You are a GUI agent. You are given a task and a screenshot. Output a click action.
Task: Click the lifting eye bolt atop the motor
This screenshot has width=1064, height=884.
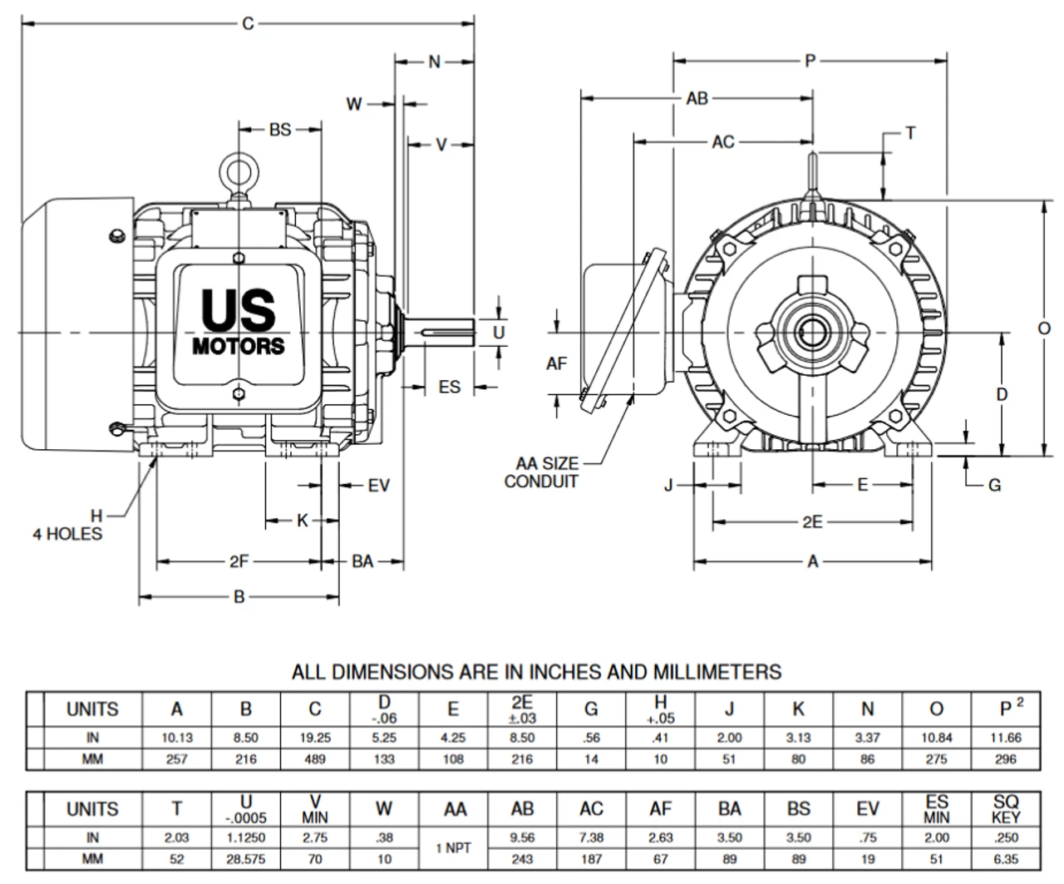[x=239, y=173]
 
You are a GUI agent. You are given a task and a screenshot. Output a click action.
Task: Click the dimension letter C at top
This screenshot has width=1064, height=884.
[x=248, y=24]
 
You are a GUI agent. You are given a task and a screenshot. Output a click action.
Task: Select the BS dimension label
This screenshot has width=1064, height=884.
[x=280, y=130]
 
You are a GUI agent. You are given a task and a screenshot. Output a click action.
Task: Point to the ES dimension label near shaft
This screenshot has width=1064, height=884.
[x=449, y=388]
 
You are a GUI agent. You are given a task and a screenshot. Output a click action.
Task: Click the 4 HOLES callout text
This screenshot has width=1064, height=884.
[x=67, y=534]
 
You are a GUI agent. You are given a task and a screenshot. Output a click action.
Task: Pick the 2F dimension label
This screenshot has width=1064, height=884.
[x=239, y=562]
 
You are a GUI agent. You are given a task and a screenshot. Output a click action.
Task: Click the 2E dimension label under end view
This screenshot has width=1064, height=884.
[x=812, y=522]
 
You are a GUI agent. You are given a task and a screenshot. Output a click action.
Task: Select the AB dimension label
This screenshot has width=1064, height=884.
[x=697, y=98]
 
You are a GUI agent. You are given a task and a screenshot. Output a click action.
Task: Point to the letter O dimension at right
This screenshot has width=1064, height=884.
[x=1044, y=329]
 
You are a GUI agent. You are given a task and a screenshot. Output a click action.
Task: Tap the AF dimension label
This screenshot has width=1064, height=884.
[x=556, y=363]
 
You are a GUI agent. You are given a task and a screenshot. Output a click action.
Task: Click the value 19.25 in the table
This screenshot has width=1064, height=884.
[x=314, y=738]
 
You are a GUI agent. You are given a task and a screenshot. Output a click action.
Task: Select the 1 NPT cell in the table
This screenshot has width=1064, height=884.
[x=454, y=848]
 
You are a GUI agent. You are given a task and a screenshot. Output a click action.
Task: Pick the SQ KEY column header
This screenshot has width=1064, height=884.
[x=1006, y=809]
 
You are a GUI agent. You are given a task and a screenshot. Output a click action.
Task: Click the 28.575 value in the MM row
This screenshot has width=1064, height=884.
[x=245, y=859]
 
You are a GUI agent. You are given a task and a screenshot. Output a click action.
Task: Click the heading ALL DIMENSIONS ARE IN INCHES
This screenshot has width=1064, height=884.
[x=536, y=671]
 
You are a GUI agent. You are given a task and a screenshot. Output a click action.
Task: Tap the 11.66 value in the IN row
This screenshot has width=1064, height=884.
[x=1006, y=738]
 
